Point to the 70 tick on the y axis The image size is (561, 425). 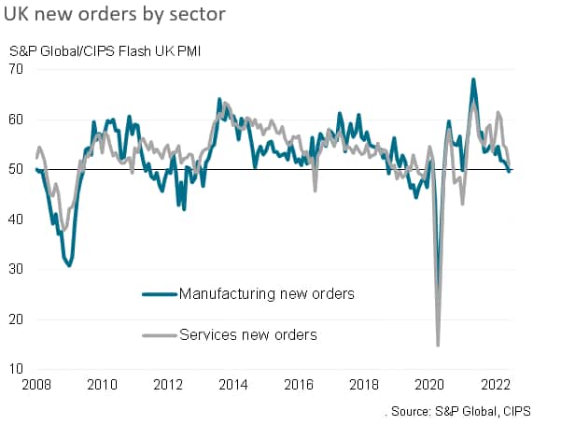(18, 69)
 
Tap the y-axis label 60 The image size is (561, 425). (18, 120)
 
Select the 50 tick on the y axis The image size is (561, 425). (18, 169)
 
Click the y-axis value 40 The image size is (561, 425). (18, 220)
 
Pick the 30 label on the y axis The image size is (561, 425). (18, 269)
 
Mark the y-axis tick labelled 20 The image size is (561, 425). (18, 319)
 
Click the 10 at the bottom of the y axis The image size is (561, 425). (18, 369)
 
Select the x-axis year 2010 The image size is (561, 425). (103, 385)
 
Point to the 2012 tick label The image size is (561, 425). (168, 385)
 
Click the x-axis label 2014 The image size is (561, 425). (234, 385)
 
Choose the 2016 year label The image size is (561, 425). (300, 385)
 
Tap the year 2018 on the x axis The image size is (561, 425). (365, 385)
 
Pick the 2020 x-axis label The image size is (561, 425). (430, 385)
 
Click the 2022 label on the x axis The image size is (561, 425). (496, 385)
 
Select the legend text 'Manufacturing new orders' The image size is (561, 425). (266, 293)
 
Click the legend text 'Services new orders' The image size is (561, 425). (248, 334)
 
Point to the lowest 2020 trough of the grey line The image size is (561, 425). (438, 346)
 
